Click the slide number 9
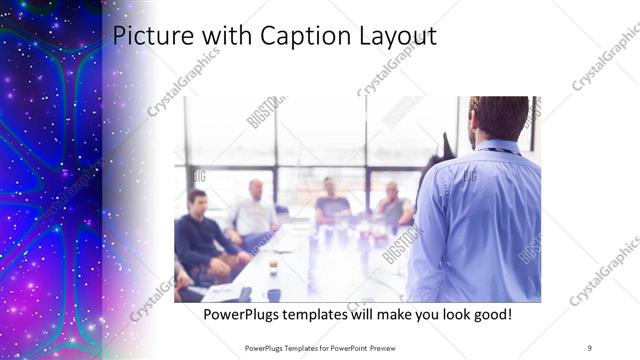tap(590, 347)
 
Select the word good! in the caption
tap(490, 315)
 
